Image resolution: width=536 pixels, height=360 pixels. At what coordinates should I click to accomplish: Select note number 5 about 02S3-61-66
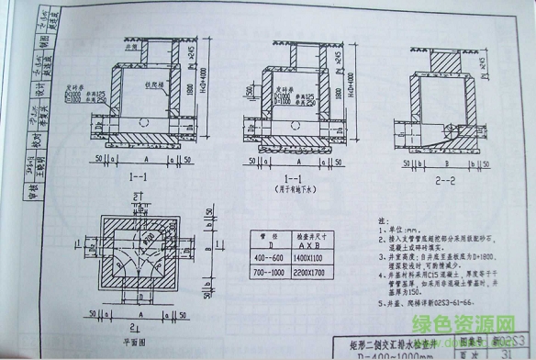click(x=424, y=300)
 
